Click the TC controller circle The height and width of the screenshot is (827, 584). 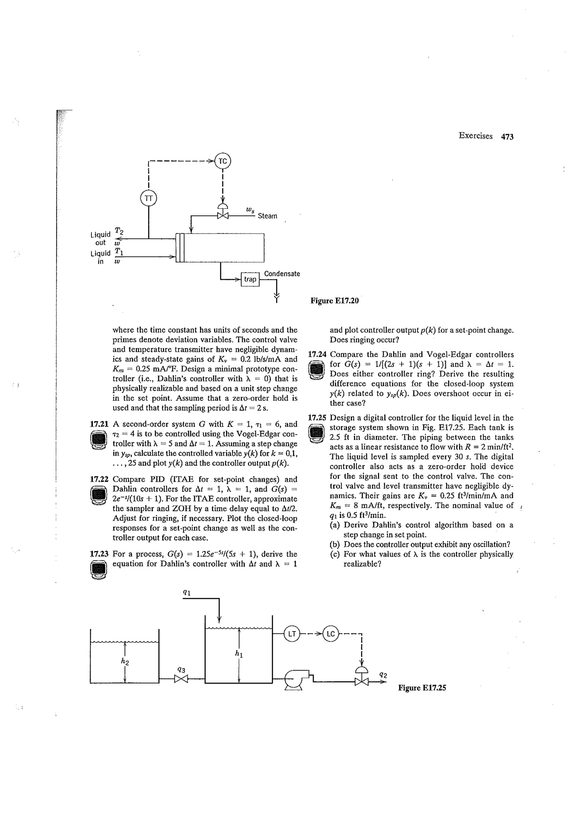pos(223,161)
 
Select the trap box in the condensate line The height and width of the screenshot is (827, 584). pos(250,279)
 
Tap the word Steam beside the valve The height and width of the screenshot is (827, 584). pos(267,216)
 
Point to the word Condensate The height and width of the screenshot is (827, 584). pos(282,274)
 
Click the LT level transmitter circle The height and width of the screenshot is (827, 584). pos(292,634)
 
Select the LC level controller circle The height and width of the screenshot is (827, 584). pos(331,634)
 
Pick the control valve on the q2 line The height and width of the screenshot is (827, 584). pos(362,681)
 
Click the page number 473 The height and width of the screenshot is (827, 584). pos(507,136)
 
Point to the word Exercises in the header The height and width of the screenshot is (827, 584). pos(475,136)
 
